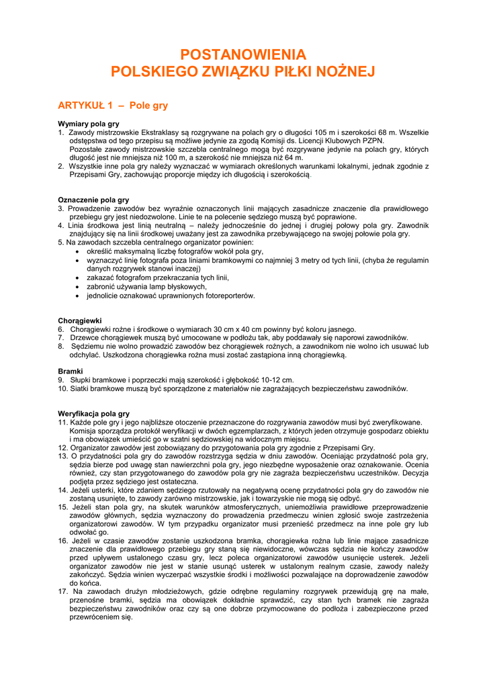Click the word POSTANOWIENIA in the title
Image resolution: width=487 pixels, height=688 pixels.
point(243,55)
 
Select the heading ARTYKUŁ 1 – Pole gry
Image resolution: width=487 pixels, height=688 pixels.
point(113,105)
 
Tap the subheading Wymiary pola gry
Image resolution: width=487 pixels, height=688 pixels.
point(89,124)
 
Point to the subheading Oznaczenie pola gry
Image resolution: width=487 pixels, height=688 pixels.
point(93,200)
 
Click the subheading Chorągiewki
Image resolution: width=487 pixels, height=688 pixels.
point(80,321)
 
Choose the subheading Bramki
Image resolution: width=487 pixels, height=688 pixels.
point(71,371)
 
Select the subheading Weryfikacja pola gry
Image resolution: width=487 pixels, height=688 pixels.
point(94,414)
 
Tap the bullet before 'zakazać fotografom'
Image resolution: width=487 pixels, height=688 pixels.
point(79,277)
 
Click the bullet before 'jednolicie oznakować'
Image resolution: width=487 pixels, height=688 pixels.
point(79,295)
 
